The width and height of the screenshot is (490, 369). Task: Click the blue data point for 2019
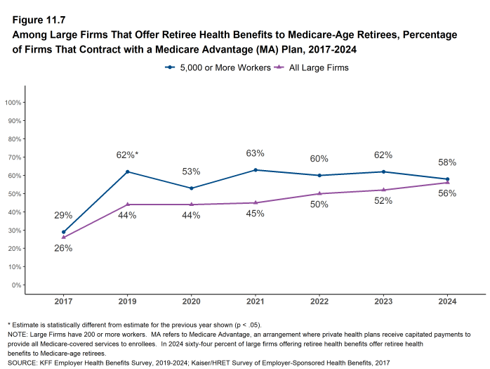pyautogui.click(x=127, y=171)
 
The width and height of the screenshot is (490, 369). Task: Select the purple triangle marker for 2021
pyautogui.click(x=255, y=202)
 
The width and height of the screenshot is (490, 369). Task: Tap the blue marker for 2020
pyautogui.click(x=191, y=188)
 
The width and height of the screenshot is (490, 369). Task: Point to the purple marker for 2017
pyautogui.click(x=63, y=238)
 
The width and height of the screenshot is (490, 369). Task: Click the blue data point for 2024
pyautogui.click(x=446, y=179)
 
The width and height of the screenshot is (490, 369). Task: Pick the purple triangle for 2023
pyautogui.click(x=383, y=190)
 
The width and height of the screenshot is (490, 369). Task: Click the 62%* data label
pyautogui.click(x=127, y=155)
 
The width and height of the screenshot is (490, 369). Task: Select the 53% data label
pyautogui.click(x=191, y=171)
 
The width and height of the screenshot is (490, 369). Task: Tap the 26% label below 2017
pyautogui.click(x=63, y=248)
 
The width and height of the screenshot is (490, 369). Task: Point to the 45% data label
pyautogui.click(x=255, y=214)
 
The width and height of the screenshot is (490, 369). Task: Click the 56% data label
pyautogui.click(x=447, y=193)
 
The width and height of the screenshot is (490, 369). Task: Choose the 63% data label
pyautogui.click(x=255, y=153)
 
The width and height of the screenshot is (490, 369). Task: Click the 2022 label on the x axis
pyautogui.click(x=319, y=302)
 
